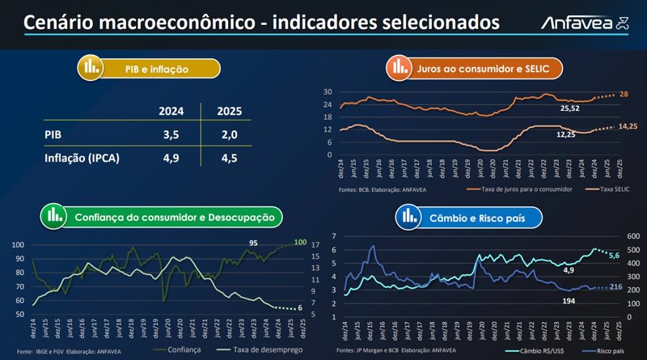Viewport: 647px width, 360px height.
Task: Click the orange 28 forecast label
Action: pyautogui.click(x=623, y=95)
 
